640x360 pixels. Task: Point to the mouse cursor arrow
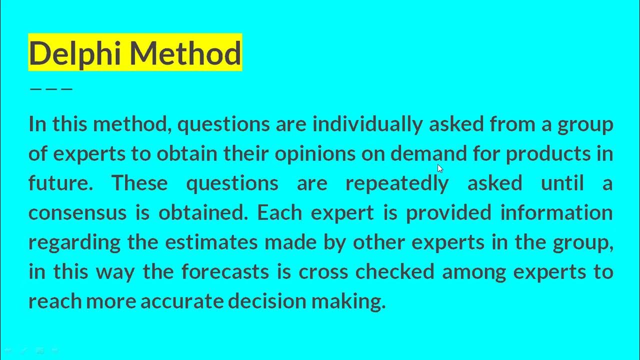point(439,168)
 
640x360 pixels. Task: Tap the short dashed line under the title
point(51,89)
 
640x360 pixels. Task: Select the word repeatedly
point(397,183)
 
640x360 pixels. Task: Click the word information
point(556,212)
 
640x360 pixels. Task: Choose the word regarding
point(74,242)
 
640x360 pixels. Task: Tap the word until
point(562,183)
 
